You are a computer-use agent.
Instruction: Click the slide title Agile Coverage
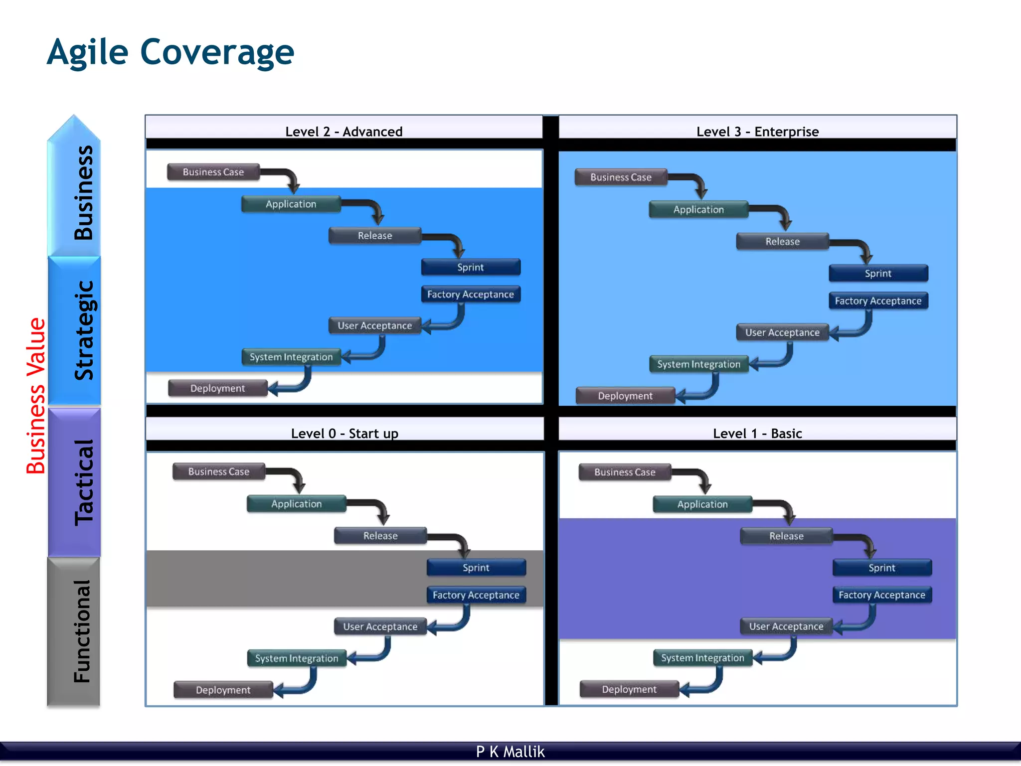[170, 52]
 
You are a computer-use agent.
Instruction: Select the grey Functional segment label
[82, 631]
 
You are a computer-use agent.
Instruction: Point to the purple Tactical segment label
[83, 482]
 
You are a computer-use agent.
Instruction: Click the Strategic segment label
[83, 330]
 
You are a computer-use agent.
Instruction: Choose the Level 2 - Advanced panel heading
[343, 132]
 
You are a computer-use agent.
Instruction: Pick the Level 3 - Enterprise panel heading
[757, 132]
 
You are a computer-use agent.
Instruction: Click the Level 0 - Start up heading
[344, 433]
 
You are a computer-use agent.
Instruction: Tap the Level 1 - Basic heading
[757, 433]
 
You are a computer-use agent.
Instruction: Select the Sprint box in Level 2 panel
[471, 267]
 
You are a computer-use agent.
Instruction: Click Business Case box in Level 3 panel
[621, 177]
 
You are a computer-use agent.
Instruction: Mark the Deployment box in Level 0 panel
[223, 690]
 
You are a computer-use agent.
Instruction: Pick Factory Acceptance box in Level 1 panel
[881, 595]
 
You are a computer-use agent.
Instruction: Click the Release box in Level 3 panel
[782, 242]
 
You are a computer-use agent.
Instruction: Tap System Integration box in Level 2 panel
[291, 357]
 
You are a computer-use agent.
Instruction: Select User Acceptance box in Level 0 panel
[380, 626]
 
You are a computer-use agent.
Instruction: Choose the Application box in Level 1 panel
[702, 504]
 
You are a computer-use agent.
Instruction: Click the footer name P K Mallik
[510, 752]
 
